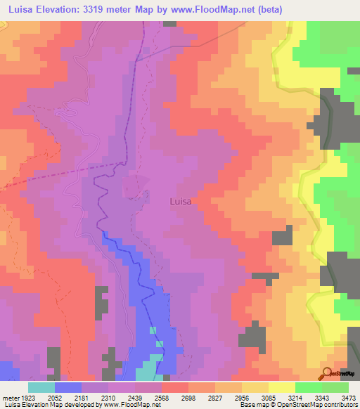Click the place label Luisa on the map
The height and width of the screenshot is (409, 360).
[181, 201]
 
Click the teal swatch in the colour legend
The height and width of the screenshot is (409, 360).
[41, 387]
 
